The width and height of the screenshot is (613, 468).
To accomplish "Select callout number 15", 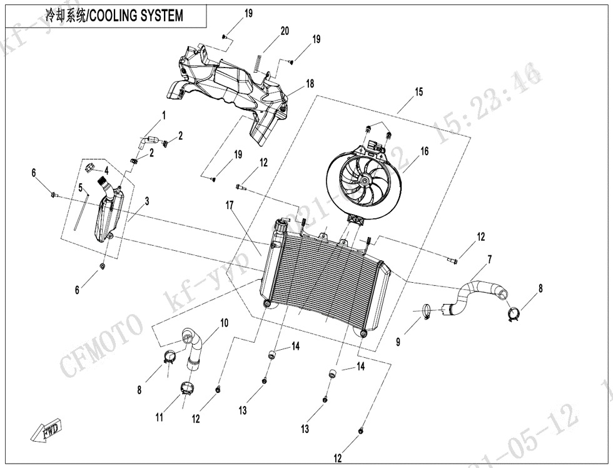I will [418, 92].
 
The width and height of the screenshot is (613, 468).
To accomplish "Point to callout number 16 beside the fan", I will [425, 151].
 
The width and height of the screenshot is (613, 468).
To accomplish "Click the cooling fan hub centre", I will [362, 180].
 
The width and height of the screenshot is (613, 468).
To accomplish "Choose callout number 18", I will [310, 84].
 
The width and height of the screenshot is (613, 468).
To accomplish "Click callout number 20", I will [285, 31].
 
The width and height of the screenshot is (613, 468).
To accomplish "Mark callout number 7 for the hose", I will [489, 258].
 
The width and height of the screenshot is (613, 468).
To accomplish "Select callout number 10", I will [223, 323].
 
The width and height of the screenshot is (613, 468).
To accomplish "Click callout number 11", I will [160, 417].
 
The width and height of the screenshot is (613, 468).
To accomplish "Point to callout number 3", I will [147, 201].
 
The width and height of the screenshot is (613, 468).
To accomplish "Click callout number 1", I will [164, 115].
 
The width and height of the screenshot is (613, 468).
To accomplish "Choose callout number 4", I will [106, 170].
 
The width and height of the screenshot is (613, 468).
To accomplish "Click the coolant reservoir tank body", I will [108, 216].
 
